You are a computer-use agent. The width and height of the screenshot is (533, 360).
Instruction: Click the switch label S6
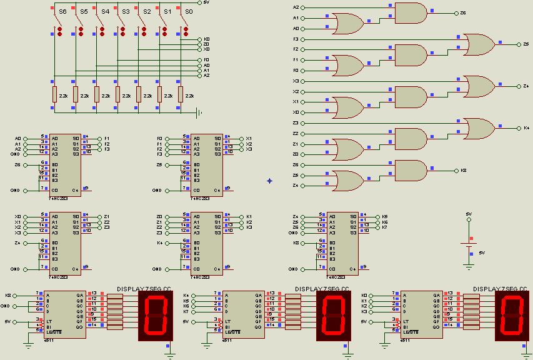click(x=62, y=12)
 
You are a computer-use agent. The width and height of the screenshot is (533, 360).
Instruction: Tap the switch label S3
click(x=126, y=12)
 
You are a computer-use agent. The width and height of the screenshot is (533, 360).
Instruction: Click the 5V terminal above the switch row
click(x=199, y=2)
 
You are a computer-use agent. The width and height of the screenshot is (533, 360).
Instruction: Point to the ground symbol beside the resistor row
click(x=199, y=112)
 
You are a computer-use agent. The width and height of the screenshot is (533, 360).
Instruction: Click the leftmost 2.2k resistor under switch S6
click(x=54, y=94)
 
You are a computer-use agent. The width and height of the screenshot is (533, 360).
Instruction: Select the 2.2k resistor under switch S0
click(x=181, y=94)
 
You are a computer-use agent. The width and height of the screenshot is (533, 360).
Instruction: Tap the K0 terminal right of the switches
click(x=199, y=39)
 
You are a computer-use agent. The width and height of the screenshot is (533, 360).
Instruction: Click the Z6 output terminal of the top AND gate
click(x=456, y=12)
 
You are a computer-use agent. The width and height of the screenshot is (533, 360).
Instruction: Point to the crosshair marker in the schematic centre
click(x=269, y=181)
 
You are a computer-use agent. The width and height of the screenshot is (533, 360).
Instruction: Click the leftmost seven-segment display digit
click(x=155, y=315)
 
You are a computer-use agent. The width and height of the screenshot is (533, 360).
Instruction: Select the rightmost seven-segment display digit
click(x=512, y=315)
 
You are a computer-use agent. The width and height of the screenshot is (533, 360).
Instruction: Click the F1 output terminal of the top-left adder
click(x=99, y=138)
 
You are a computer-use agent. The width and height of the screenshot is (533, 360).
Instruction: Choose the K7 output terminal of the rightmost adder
click(x=377, y=227)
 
